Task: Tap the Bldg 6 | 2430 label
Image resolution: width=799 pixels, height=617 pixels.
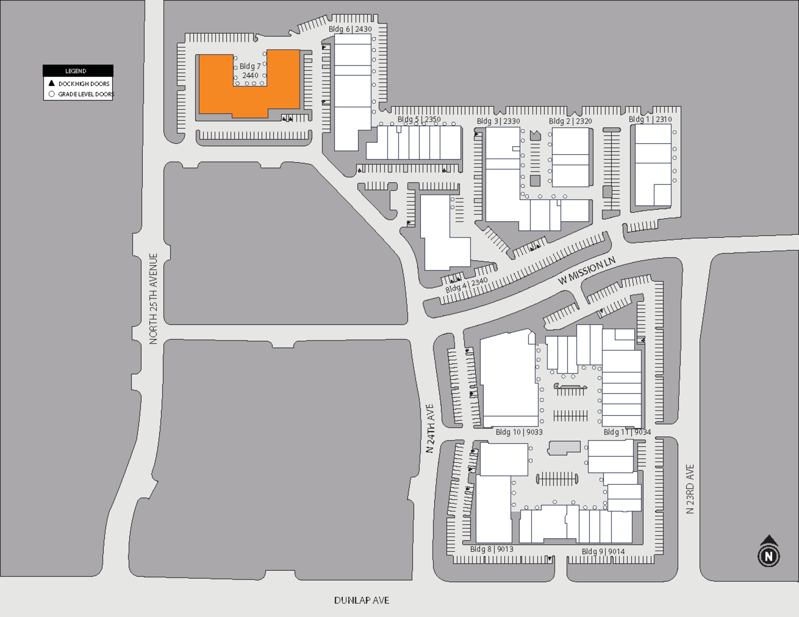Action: point(350,29)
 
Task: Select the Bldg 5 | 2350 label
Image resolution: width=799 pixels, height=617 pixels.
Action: point(419,119)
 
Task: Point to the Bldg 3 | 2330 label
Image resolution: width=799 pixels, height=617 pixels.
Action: point(498,121)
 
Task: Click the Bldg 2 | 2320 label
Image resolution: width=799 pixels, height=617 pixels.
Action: point(570,121)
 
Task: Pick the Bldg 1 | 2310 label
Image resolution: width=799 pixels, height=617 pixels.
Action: point(650,119)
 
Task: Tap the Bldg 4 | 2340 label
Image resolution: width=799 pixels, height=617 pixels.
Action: point(466,285)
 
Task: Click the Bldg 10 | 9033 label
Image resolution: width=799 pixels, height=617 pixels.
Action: point(519,432)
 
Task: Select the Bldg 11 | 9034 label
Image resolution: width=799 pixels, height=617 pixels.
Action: point(627,432)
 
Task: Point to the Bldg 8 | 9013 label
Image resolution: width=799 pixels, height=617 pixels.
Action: point(491,549)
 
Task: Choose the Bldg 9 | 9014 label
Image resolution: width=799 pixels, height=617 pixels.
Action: point(603,552)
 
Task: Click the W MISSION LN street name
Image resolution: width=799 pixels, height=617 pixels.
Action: point(587,271)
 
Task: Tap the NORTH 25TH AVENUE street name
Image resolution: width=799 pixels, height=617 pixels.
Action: point(153,299)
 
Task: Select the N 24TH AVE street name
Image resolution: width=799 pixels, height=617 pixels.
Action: point(430,428)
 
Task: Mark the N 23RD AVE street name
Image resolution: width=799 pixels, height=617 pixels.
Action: point(690,489)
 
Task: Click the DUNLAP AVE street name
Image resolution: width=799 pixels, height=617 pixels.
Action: point(362,601)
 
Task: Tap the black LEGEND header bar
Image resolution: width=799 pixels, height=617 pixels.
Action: point(78,71)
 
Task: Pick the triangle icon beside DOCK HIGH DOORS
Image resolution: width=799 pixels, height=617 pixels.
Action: point(51,83)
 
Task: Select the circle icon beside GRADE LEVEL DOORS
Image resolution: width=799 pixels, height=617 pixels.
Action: point(51,94)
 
